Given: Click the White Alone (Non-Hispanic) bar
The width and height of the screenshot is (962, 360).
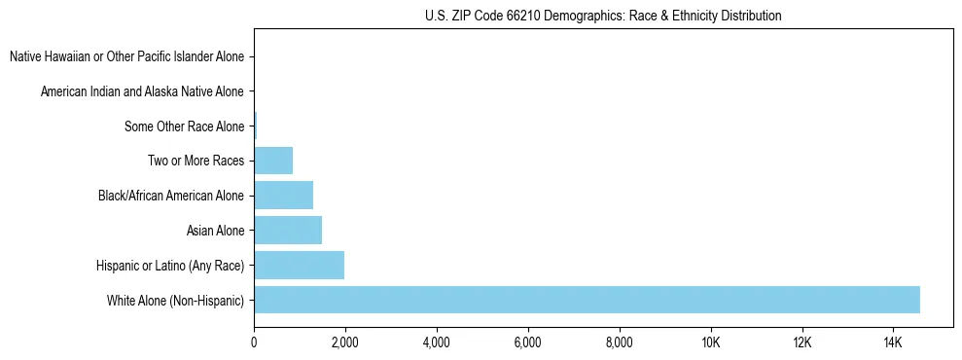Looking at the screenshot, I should click(587, 300).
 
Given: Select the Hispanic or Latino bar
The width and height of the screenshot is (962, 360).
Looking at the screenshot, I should click(299, 265).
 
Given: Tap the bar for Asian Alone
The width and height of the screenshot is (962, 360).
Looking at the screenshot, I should click(288, 231).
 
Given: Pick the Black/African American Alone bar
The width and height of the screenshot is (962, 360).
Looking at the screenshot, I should click(283, 196).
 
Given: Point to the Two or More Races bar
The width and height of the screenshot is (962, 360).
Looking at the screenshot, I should click(273, 161).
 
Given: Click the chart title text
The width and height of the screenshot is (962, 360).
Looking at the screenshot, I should click(603, 16).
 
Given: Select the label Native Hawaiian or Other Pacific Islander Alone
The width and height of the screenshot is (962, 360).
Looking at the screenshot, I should click(126, 57).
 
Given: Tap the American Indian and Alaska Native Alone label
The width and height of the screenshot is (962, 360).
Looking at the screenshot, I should click(142, 91).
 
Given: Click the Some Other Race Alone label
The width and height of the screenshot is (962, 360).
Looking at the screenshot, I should click(184, 126).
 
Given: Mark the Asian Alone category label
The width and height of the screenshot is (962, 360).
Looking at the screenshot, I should click(215, 231).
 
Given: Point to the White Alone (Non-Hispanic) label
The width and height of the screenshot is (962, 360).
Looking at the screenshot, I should click(175, 300).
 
